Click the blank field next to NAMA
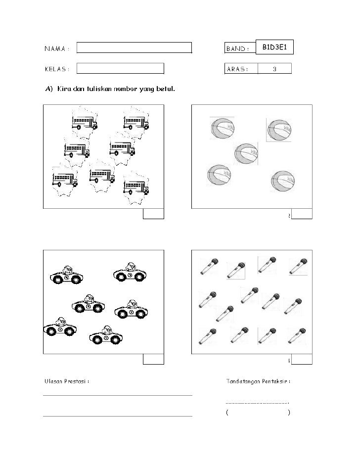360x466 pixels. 134,48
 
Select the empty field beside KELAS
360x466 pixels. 120,69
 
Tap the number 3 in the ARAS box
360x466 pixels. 274,69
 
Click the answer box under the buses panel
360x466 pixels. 153,214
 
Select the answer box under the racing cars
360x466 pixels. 153,360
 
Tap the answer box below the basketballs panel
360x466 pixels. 302,214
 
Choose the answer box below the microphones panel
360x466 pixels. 302,360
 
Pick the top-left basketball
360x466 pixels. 221,130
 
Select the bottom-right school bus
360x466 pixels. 136,187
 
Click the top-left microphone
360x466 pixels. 208,266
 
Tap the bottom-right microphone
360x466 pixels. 298,336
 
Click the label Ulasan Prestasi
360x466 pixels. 67,381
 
